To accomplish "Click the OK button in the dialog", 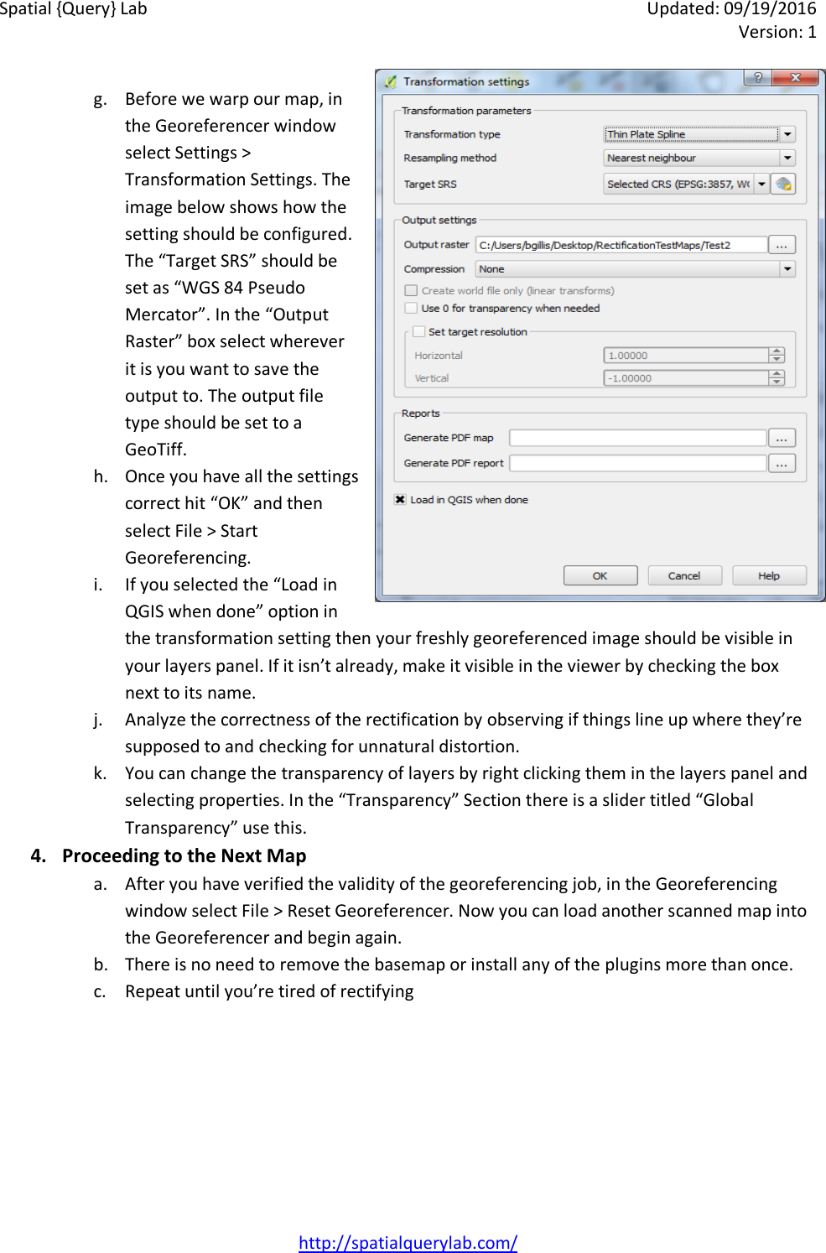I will click(x=600, y=575).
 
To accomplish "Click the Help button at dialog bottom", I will click(x=768, y=575).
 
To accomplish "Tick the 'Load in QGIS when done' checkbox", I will click(x=401, y=500).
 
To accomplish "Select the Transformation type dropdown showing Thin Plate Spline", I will click(x=699, y=134).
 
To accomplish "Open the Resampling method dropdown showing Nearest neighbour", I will click(x=699, y=158).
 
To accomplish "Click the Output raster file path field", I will click(x=621, y=245).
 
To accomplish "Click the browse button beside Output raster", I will click(x=782, y=245).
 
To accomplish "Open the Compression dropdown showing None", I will click(x=634, y=269).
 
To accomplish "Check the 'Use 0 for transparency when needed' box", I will click(x=411, y=308).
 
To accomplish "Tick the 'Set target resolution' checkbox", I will click(x=419, y=331).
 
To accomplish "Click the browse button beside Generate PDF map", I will click(x=782, y=438).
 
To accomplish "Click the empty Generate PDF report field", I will click(x=637, y=463).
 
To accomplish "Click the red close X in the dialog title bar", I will click(x=795, y=78).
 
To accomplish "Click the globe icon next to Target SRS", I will click(x=783, y=184).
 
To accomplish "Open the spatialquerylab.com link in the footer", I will click(x=408, y=1242).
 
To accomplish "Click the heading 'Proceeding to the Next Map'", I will click(x=184, y=855).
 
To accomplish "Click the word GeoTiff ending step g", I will click(x=156, y=450).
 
